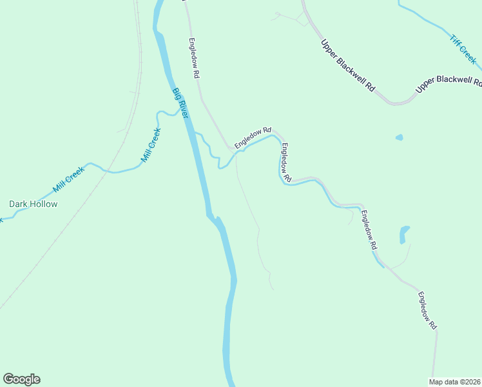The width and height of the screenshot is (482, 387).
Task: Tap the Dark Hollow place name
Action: pyautogui.click(x=33, y=204)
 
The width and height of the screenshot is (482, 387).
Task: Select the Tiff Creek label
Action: pyautogui.click(x=462, y=48)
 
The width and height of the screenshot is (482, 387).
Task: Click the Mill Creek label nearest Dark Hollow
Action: pyautogui.click(x=68, y=179)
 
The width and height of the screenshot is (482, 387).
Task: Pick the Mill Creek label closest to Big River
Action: pyautogui.click(x=150, y=145)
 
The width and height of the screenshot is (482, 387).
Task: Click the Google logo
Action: pyautogui.click(x=21, y=379)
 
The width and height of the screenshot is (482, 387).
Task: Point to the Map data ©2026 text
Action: pyautogui.click(x=455, y=382)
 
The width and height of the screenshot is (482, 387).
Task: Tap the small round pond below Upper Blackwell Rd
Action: pyautogui.click(x=399, y=137)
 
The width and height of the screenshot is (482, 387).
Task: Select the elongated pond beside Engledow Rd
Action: pyautogui.click(x=404, y=234)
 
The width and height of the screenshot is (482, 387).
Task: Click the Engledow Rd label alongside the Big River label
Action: pyautogui.click(x=194, y=58)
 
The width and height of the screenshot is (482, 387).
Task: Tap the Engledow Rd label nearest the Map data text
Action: pyautogui.click(x=427, y=312)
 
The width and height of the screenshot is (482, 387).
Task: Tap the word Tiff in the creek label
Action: pyautogui.click(x=456, y=41)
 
